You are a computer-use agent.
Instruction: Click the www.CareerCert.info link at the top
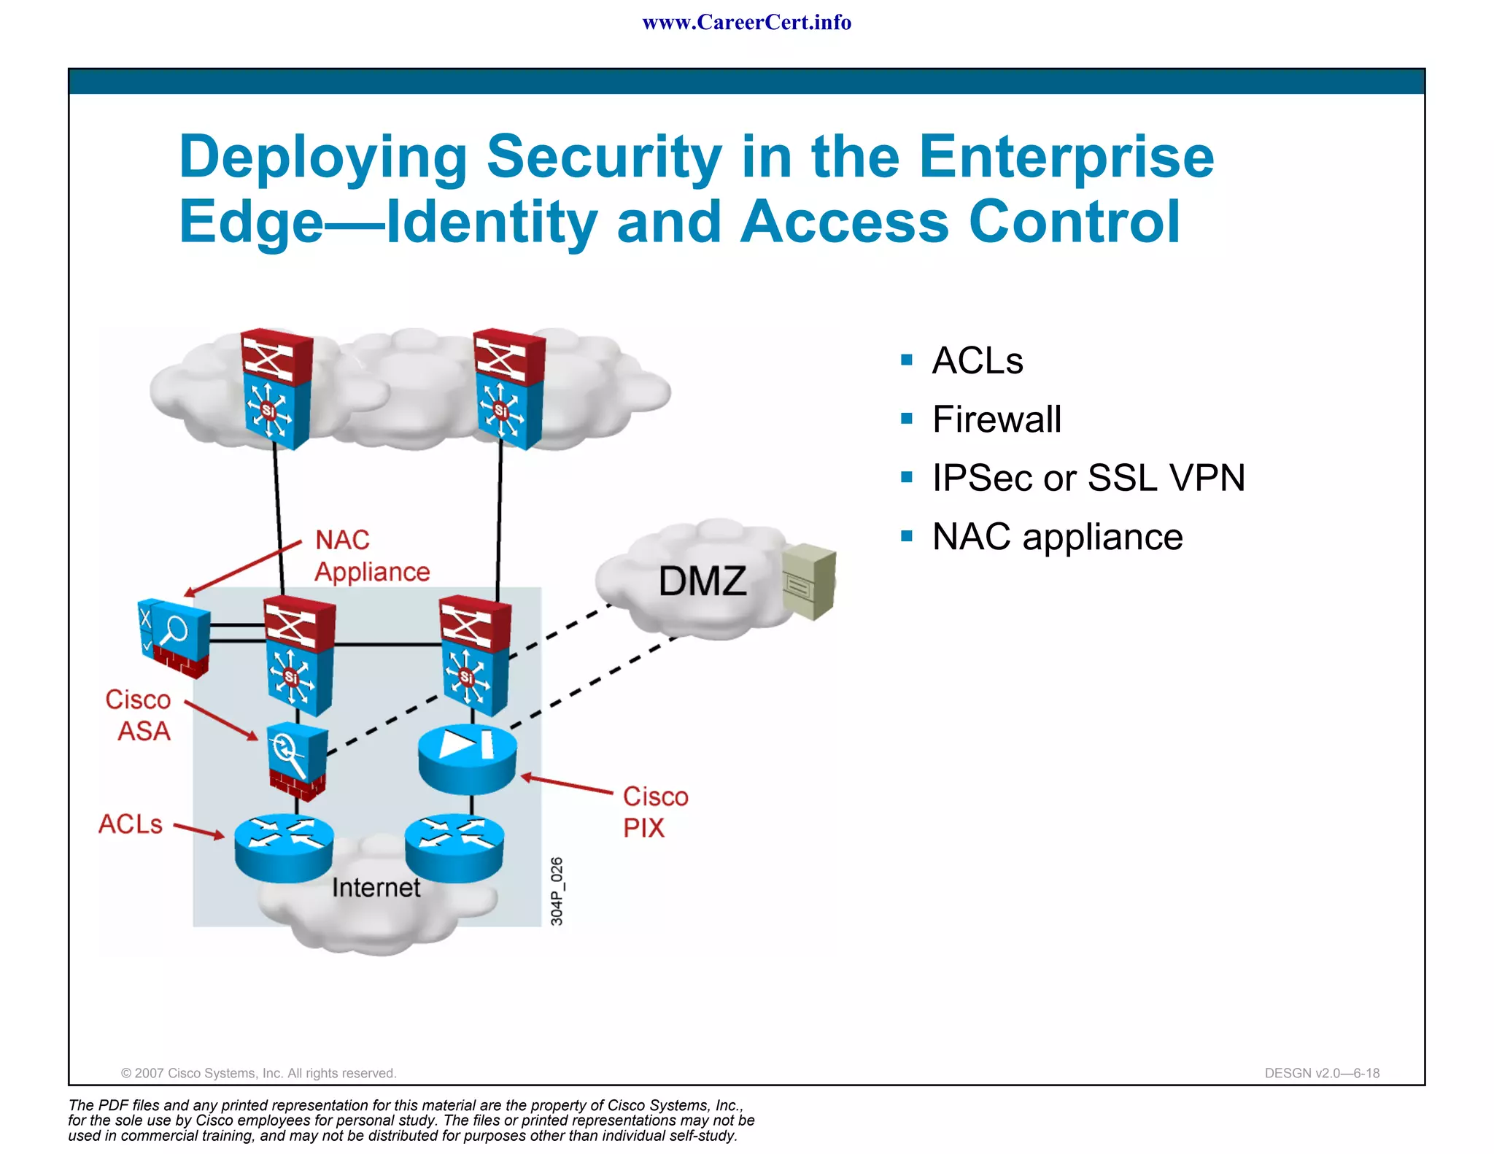pyautogui.click(x=746, y=23)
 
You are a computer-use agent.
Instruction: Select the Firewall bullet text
pyautogui.click(x=996, y=419)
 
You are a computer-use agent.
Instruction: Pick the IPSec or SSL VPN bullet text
pyautogui.click(x=1088, y=479)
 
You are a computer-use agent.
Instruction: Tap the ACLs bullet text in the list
pyautogui.click(x=978, y=360)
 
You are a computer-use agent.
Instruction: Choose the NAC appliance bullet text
pyautogui.click(x=1057, y=538)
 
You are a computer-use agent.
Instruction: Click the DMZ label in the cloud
pyautogui.click(x=702, y=581)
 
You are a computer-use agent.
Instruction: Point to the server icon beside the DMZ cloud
pyautogui.click(x=809, y=581)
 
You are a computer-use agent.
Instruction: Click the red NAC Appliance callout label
pyautogui.click(x=371, y=556)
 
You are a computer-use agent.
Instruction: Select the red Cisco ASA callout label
pyautogui.click(x=139, y=715)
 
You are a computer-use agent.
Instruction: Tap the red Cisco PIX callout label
pyautogui.click(x=654, y=812)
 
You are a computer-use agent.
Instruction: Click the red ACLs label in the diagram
pyautogui.click(x=131, y=824)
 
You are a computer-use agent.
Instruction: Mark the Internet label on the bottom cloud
pyautogui.click(x=376, y=888)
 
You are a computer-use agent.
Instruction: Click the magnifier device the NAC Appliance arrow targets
pyautogui.click(x=174, y=636)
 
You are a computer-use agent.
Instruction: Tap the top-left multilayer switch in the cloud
pyautogui.click(x=276, y=388)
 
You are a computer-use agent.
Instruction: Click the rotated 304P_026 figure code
pyautogui.click(x=557, y=891)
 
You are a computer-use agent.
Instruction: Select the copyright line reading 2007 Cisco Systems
pyautogui.click(x=258, y=1073)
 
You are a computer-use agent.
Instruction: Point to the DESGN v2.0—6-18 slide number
pyautogui.click(x=1322, y=1073)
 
